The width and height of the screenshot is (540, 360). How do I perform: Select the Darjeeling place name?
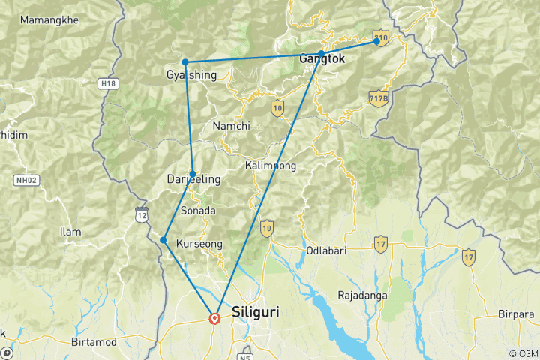(x=193, y=180)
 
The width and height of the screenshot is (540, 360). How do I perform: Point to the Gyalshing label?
(x=190, y=75)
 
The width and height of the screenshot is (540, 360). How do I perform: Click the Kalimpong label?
(x=270, y=165)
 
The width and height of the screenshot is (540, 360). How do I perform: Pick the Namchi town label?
(x=231, y=126)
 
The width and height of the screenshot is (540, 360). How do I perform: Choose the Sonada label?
(x=198, y=211)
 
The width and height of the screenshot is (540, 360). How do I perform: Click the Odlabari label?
(x=325, y=250)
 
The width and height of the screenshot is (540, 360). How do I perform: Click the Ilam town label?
(x=70, y=232)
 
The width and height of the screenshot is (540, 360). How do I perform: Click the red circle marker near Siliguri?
(x=215, y=318)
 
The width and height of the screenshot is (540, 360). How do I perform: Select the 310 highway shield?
(x=381, y=37)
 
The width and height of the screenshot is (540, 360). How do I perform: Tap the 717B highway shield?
(x=379, y=97)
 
